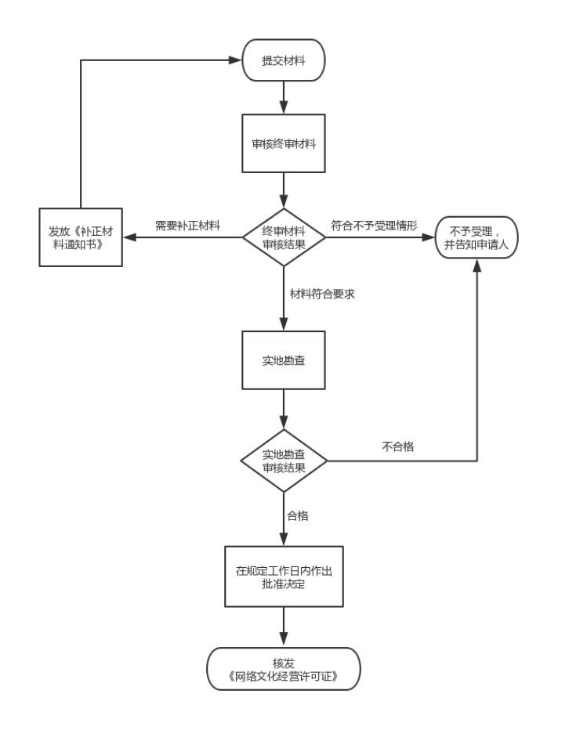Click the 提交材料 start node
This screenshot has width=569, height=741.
pyautogui.click(x=283, y=60)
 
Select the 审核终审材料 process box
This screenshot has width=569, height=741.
pyautogui.click(x=283, y=143)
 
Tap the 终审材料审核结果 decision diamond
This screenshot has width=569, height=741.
pyautogui.click(x=284, y=237)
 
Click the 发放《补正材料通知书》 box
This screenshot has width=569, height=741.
pyautogui.click(x=81, y=237)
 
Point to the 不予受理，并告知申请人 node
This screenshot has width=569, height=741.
pyautogui.click(x=477, y=237)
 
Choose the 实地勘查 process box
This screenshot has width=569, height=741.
pyautogui.click(x=283, y=360)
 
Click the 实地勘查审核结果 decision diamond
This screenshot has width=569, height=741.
pyautogui.click(x=284, y=461)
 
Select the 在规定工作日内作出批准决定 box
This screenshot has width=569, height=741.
pyautogui.click(x=284, y=577)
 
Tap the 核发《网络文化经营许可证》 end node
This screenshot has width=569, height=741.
pyautogui.click(x=283, y=669)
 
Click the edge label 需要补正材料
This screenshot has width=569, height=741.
pyautogui.click(x=188, y=226)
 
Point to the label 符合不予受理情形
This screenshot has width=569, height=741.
pyautogui.click(x=374, y=226)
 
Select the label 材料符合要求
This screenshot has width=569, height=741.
pyautogui.click(x=322, y=294)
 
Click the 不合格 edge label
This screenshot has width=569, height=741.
pyautogui.click(x=398, y=446)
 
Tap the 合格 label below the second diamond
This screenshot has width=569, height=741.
pyautogui.click(x=298, y=515)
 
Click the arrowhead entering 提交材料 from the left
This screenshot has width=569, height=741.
pyautogui.click(x=235, y=60)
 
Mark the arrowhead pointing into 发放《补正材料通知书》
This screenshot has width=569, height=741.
pyautogui.click(x=129, y=237)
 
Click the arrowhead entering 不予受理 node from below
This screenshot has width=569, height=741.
pyautogui.click(x=477, y=265)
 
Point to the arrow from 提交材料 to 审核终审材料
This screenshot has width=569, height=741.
pyautogui.click(x=284, y=97)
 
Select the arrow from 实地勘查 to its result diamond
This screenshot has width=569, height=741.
pyautogui.click(x=284, y=409)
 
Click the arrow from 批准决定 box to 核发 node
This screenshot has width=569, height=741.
pyautogui.click(x=284, y=627)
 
